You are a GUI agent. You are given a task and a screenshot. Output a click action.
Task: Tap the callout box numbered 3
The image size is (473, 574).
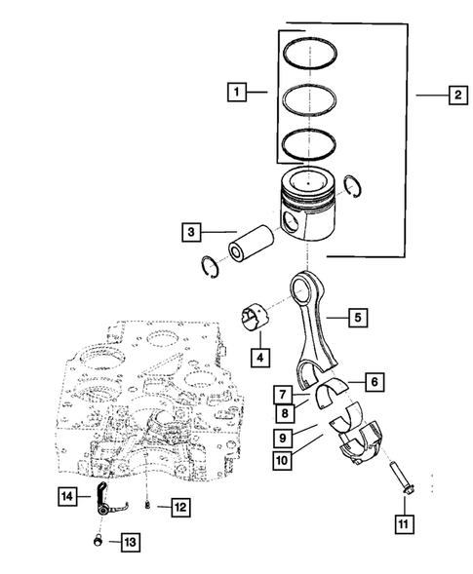191,232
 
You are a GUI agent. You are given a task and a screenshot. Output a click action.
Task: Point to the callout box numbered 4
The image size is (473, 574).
259,358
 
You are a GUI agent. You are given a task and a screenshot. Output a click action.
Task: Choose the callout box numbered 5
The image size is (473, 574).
358,317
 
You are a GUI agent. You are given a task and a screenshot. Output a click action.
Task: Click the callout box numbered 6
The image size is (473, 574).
373,382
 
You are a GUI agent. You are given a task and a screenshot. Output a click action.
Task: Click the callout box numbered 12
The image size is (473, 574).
180,506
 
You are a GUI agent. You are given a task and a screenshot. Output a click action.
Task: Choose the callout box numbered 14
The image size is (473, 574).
63,496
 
